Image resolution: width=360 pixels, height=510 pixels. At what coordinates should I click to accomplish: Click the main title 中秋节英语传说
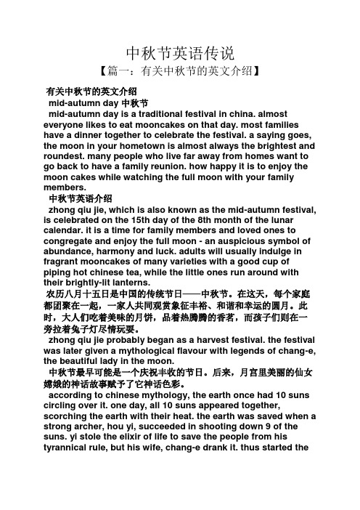pyautogui.click(x=180, y=53)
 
